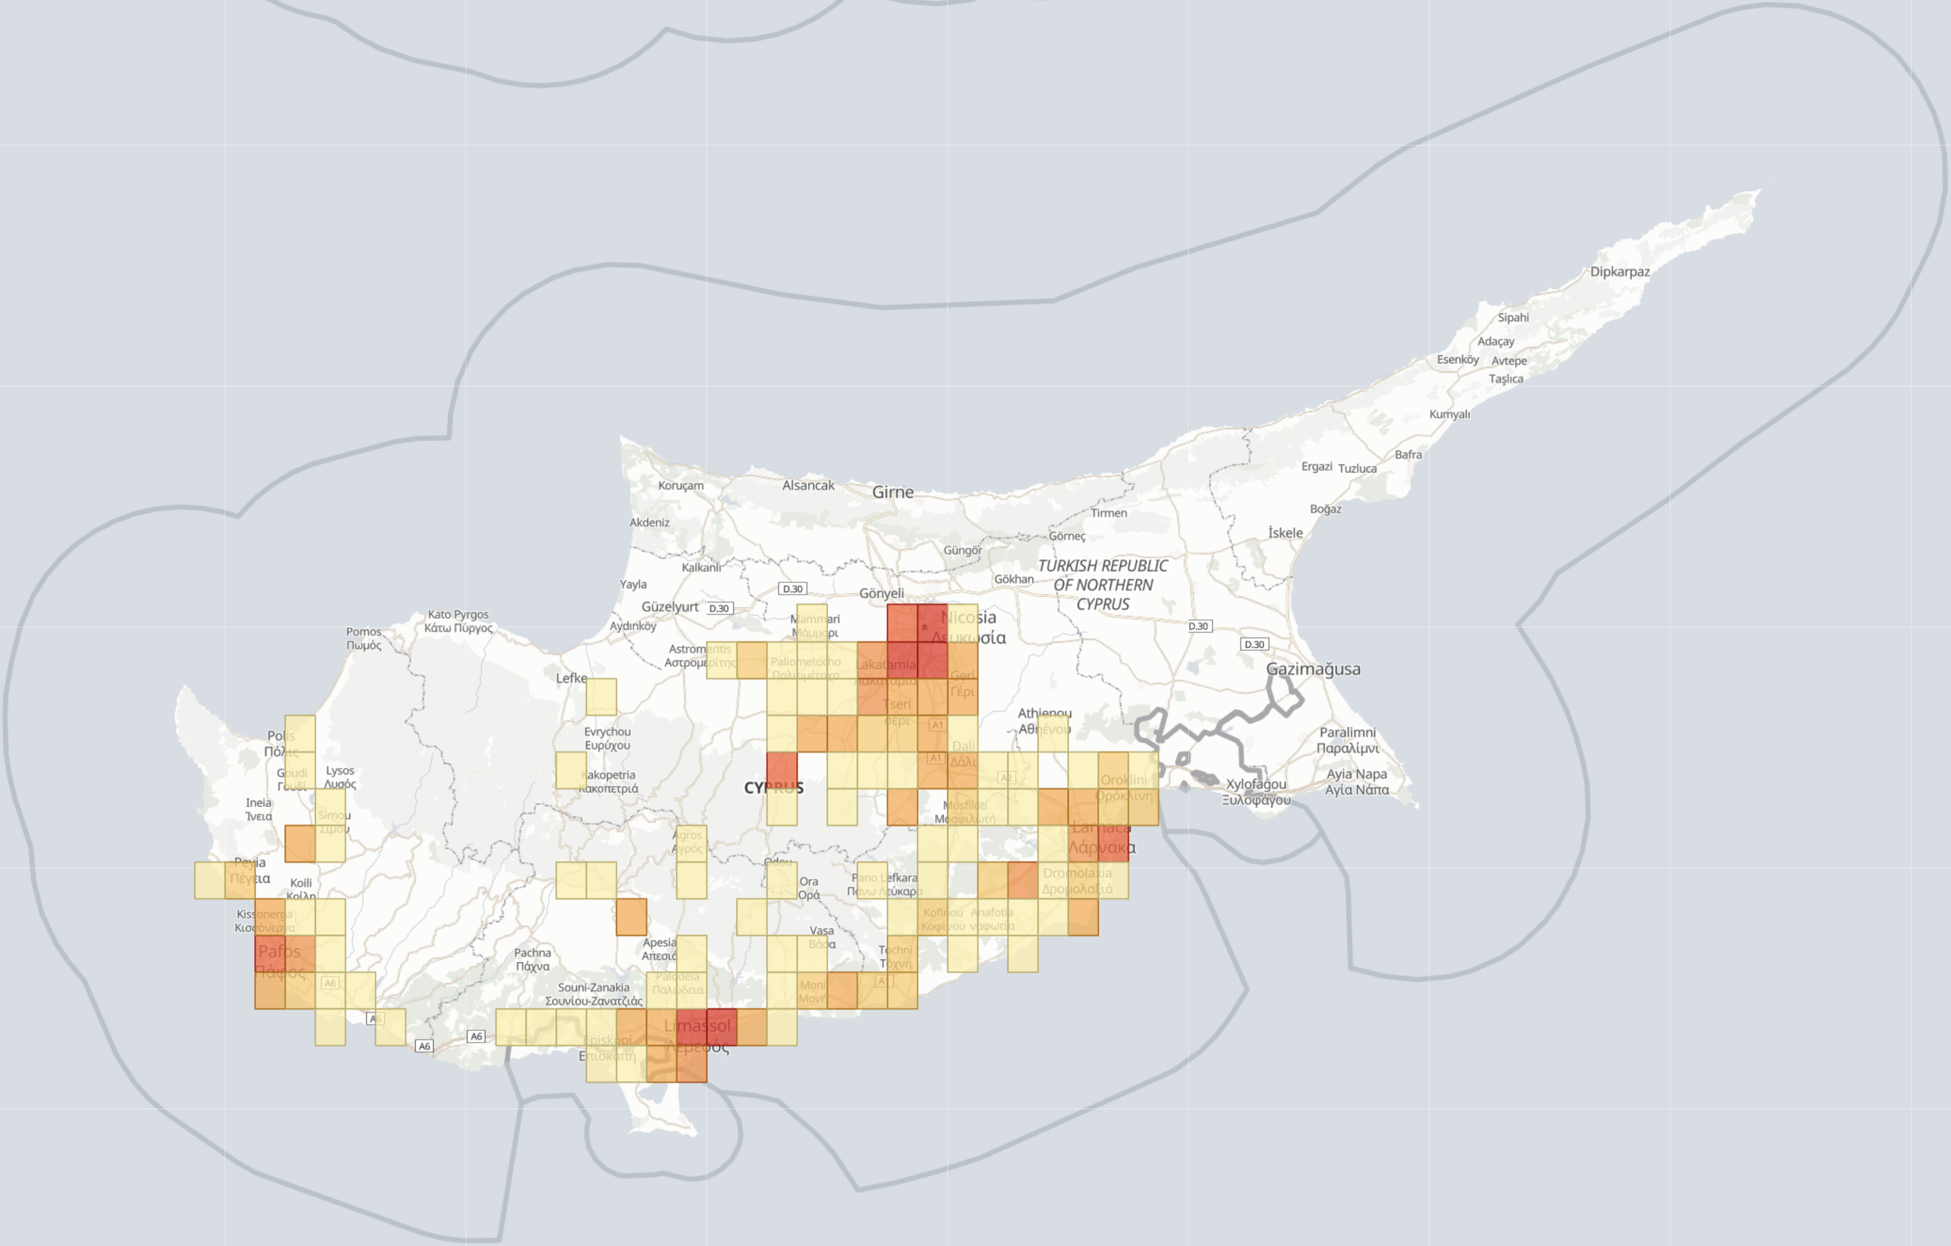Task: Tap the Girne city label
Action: (892, 492)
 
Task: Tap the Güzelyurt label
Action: (669, 607)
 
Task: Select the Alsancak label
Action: (808, 485)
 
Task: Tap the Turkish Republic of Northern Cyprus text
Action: (1103, 585)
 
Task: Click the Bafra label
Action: (1408, 454)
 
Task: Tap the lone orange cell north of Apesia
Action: (631, 916)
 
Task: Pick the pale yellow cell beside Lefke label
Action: (601, 697)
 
